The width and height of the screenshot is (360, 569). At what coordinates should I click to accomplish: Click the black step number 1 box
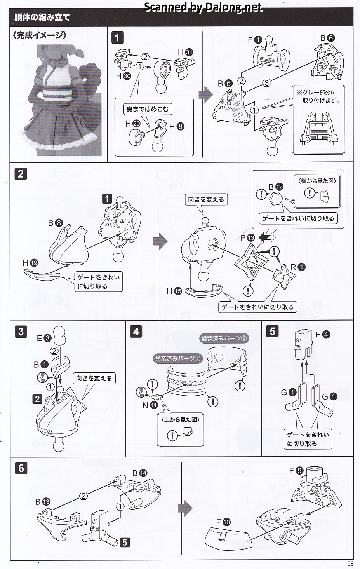coord(117,38)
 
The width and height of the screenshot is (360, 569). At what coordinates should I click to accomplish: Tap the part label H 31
coord(185,52)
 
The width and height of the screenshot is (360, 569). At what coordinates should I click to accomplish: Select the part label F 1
coord(255,40)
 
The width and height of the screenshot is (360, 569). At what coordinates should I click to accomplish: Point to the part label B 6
coord(327,38)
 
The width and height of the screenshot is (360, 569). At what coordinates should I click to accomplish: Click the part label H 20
coord(133,124)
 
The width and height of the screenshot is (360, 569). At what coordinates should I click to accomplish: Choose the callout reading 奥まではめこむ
coord(148,109)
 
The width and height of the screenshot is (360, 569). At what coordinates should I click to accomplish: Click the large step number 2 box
coord(21,174)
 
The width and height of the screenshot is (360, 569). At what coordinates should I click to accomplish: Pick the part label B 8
coord(56,223)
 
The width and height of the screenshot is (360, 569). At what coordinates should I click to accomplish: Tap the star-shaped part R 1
coord(285,277)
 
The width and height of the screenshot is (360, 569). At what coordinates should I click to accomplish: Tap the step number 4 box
coord(136,332)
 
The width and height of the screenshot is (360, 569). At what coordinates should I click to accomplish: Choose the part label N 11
coord(150,405)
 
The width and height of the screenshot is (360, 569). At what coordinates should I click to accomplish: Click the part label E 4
coord(323,334)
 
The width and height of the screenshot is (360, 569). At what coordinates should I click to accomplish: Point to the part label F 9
coord(296,471)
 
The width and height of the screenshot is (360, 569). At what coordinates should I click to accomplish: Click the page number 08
coord(350,563)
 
